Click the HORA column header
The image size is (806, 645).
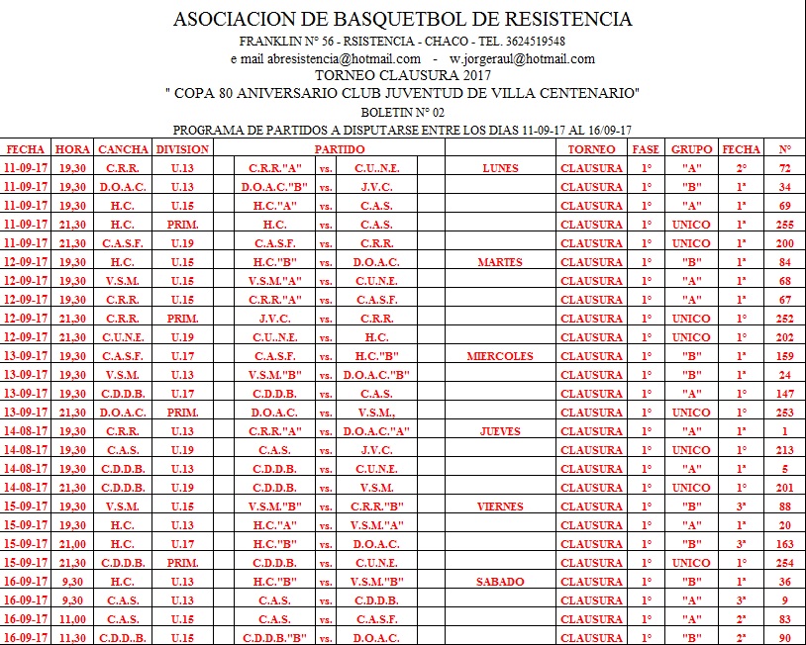point(72,149)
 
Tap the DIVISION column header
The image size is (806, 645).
point(182,149)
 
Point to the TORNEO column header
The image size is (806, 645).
point(591,149)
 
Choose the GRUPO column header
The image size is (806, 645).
point(691,149)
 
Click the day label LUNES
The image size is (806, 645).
point(499,168)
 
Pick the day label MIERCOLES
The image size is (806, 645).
point(499,356)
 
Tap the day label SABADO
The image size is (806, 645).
point(499,582)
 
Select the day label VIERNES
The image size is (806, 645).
point(499,507)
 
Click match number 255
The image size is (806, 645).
point(784,225)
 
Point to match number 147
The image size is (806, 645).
point(784,394)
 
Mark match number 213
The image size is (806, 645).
point(784,450)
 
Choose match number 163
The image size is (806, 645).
point(784,544)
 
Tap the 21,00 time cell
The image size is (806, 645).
point(72,544)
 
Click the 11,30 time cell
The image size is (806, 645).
point(72,638)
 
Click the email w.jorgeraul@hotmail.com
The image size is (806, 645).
point(522,58)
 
